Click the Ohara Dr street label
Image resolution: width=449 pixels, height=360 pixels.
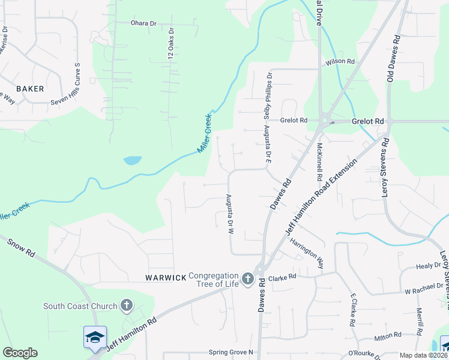pyautogui.click(x=143, y=23)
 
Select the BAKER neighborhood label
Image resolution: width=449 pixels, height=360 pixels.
pyautogui.click(x=30, y=89)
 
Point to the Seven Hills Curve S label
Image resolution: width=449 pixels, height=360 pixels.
pyautogui.click(x=77, y=82)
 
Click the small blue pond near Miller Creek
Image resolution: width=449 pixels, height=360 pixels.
pyautogui.click(x=132, y=161)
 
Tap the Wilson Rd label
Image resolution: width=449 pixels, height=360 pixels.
pyautogui.click(x=340, y=62)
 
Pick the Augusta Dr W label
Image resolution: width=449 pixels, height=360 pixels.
pyautogui.click(x=229, y=214)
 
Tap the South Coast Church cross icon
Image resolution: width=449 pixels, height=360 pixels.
pyautogui.click(x=126, y=306)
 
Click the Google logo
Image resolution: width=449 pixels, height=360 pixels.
pyautogui.click(x=20, y=353)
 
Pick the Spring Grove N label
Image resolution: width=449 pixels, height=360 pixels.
pyautogui.click(x=231, y=352)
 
